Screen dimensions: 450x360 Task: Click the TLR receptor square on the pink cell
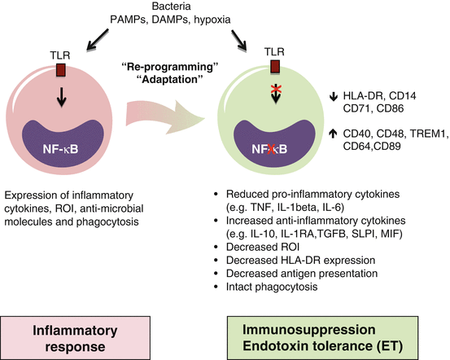pos(61,70)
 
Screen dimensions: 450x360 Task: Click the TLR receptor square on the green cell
pos(275,67)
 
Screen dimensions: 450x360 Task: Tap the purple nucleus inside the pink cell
pos(63,143)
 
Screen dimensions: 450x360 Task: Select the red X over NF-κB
pos(271,149)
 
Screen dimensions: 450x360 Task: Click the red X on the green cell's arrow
pos(276,90)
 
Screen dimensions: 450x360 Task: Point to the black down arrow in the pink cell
pos(61,97)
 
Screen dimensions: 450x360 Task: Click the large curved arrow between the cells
pos(165,117)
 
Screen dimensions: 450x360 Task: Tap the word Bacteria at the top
pos(172,6)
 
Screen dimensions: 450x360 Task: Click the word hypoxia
pos(212,20)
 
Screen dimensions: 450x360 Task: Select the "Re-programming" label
pos(170,67)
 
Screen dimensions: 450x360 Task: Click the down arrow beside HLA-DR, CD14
pos(333,97)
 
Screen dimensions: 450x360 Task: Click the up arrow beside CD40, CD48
pos(333,134)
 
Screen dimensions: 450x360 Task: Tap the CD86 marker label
pos(390,108)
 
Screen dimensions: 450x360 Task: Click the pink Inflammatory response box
pos(75,338)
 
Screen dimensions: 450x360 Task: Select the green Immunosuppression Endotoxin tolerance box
pos(322,338)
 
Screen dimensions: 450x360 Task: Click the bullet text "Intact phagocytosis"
pos(272,287)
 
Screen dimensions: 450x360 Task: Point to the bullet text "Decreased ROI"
pos(263,247)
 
